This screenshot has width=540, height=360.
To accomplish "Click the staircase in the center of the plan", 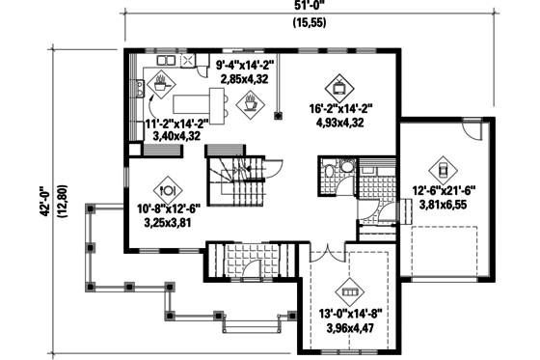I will tap(230, 183).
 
